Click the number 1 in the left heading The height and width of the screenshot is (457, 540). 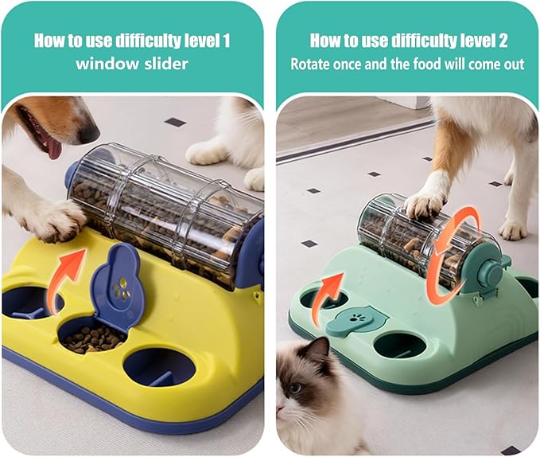click(x=228, y=40)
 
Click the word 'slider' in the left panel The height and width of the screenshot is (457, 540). click(x=162, y=64)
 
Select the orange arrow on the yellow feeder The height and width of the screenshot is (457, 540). click(x=67, y=271)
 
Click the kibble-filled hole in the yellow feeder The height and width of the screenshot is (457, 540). click(x=93, y=337)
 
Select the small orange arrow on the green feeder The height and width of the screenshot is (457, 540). click(x=331, y=287)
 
